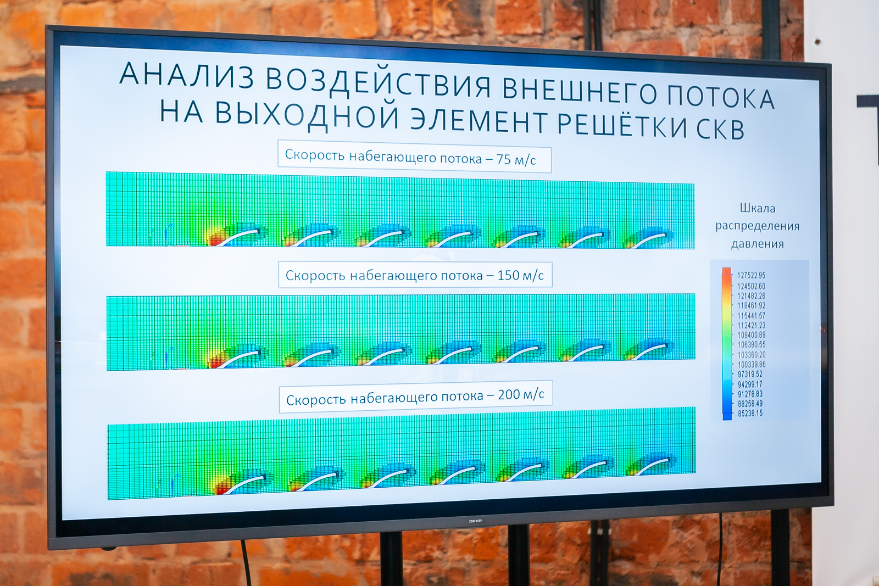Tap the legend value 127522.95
751,275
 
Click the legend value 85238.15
750,413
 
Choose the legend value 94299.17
750,384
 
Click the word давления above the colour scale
758,244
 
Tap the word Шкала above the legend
758,208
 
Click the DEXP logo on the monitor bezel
475,521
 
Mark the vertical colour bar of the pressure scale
727,344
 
